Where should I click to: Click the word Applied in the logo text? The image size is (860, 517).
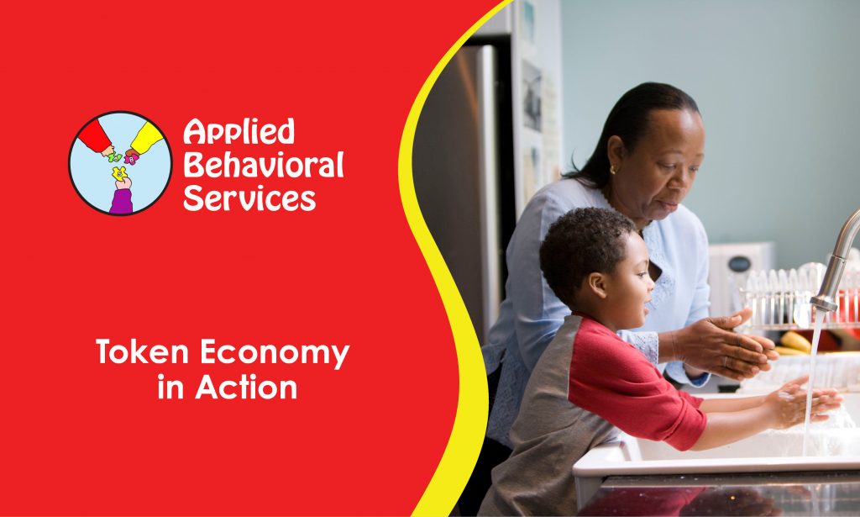(x=239, y=132)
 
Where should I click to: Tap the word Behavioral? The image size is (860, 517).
(x=263, y=165)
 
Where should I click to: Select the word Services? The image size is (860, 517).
(x=249, y=198)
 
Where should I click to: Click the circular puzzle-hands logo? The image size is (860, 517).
(x=120, y=163)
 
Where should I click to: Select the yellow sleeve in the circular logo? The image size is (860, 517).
(x=149, y=137)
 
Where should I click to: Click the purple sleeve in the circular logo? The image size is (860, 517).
(x=121, y=200)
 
